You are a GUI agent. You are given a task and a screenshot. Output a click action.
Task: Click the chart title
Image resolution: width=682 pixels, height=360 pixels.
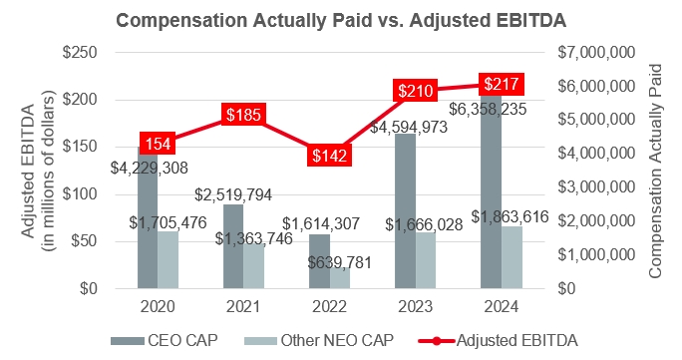point(341,20)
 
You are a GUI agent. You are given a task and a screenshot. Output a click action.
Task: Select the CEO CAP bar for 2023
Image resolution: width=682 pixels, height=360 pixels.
point(405,210)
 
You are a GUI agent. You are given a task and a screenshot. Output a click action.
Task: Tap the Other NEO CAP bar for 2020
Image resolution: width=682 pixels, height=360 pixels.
point(168,259)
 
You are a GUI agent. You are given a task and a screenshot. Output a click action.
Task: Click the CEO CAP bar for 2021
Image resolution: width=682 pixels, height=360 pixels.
point(233,246)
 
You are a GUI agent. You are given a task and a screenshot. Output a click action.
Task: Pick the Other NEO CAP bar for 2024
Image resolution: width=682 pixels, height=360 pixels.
point(511,257)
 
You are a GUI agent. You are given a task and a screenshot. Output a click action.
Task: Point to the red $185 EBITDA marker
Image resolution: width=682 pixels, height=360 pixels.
point(243,115)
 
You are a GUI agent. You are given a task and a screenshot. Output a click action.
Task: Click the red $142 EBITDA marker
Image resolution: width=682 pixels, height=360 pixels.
point(329,156)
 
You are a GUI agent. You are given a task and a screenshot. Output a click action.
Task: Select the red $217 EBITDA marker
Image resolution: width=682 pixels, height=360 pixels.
point(502,84)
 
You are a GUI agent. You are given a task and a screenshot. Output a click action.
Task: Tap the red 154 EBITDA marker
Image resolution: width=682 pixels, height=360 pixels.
point(158,144)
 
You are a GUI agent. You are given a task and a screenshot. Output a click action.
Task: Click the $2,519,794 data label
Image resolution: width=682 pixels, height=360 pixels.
point(233,194)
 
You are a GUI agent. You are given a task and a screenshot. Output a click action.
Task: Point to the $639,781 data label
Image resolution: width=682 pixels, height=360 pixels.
point(340,262)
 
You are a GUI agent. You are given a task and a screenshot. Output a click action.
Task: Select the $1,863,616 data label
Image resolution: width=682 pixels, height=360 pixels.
point(510,216)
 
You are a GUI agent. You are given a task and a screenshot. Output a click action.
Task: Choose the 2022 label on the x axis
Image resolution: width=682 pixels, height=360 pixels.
point(329,306)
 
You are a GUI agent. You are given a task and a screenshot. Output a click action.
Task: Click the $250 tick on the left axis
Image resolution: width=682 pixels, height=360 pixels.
point(80,53)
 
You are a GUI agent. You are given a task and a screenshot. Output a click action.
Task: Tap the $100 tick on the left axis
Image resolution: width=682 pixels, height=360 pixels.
point(80,193)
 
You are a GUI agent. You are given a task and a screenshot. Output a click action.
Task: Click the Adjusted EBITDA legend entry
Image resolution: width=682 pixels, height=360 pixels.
point(499,340)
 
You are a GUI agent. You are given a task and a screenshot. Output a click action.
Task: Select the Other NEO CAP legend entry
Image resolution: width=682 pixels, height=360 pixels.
point(319,340)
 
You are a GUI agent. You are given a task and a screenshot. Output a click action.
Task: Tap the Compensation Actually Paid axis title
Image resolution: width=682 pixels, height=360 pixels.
point(655,171)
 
